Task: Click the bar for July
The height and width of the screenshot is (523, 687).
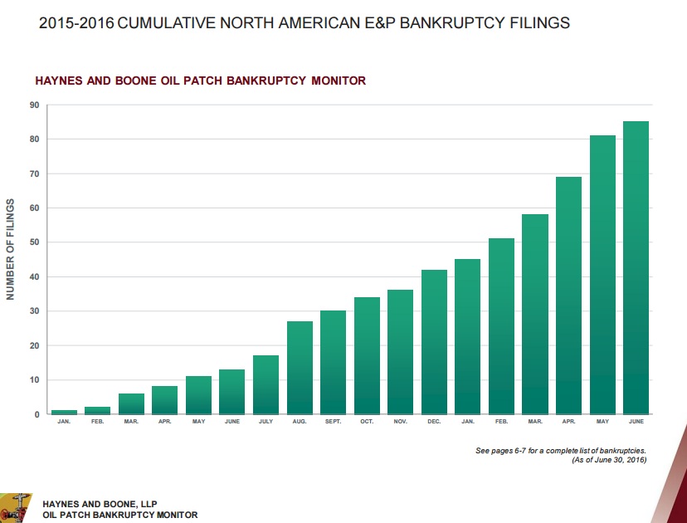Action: tap(266, 385)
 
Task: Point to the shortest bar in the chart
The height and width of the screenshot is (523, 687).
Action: tap(64, 412)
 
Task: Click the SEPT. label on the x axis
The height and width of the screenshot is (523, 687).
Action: tap(333, 422)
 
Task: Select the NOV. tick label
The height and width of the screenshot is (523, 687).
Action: tap(400, 422)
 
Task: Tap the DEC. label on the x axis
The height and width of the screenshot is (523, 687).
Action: tap(434, 422)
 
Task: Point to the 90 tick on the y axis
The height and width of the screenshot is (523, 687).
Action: tap(34, 105)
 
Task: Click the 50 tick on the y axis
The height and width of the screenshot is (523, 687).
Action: tap(34, 242)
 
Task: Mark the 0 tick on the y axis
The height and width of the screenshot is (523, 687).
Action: tap(37, 414)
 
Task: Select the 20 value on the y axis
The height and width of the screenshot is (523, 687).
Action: tap(34, 345)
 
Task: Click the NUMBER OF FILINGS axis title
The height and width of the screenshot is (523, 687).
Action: tap(11, 249)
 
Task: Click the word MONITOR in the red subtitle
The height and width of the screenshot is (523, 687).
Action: tap(335, 81)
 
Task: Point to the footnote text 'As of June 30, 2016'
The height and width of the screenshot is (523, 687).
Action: tap(609, 460)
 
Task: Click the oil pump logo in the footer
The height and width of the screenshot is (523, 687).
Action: tap(15, 506)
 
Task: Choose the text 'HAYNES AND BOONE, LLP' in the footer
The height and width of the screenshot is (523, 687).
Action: tap(99, 504)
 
